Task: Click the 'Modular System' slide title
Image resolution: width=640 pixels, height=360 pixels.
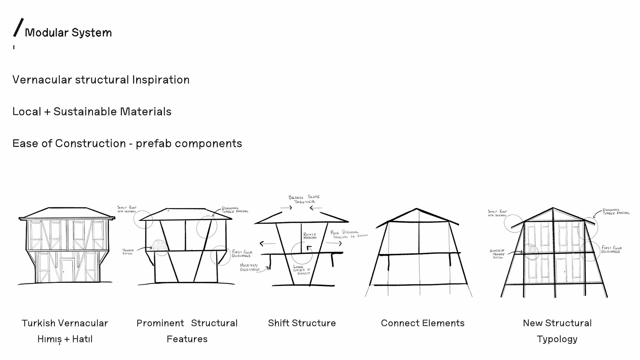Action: (x=68, y=33)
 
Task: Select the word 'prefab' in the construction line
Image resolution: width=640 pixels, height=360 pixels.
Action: (x=153, y=144)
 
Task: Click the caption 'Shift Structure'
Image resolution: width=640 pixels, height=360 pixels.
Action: (x=302, y=323)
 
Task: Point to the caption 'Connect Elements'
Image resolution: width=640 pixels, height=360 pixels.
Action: (x=422, y=323)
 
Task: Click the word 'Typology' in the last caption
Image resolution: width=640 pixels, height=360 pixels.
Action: (x=557, y=339)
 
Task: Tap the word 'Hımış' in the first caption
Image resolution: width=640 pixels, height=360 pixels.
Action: (x=49, y=339)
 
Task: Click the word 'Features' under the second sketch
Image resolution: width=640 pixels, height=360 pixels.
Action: (x=187, y=339)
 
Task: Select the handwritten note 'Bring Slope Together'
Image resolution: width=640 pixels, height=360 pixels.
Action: (x=304, y=199)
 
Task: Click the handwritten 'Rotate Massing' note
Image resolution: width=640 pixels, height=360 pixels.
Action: (x=310, y=236)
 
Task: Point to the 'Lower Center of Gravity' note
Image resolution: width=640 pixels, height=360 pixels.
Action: (x=302, y=270)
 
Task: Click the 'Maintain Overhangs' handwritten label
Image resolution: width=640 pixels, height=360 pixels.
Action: (x=249, y=267)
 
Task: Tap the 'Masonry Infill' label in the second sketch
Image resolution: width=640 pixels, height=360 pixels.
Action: (x=128, y=252)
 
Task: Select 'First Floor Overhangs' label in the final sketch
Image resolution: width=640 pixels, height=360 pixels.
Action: (x=611, y=250)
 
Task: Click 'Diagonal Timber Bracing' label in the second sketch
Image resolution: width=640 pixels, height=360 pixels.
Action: (x=235, y=210)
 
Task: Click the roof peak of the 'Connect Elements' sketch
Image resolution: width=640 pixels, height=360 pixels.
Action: (x=416, y=209)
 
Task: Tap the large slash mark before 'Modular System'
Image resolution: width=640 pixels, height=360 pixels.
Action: (x=18, y=28)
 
